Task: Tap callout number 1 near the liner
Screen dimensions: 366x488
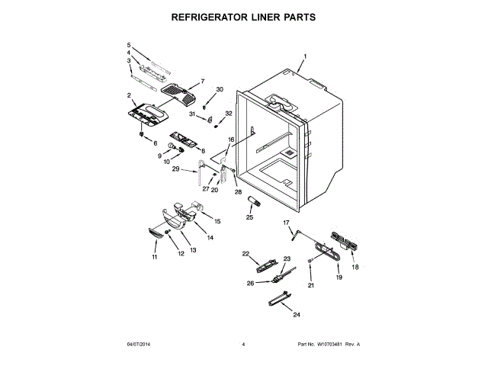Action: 305,56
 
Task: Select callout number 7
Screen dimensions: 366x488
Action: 203,81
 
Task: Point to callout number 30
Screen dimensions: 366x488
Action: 220,90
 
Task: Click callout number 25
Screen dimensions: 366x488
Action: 249,217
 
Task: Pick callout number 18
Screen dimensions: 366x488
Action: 355,268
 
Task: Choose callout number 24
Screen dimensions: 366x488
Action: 296,314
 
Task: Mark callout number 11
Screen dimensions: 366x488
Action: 154,258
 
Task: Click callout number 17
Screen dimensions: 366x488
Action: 287,223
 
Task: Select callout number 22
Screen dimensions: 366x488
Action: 246,253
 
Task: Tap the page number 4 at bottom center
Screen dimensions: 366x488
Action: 243,345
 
